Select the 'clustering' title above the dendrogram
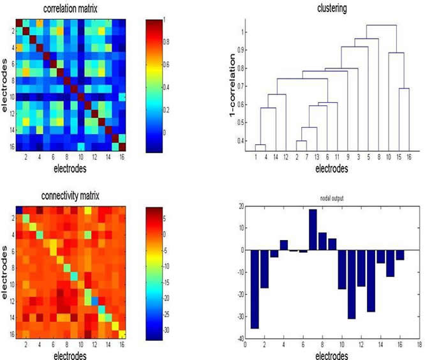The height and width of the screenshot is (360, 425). coord(332,9)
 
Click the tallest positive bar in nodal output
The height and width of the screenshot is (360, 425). coord(313,229)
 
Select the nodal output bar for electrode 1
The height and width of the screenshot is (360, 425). coord(255,289)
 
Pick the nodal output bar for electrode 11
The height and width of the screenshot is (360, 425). coord(351,284)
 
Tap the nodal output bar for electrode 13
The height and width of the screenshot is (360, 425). coord(371,280)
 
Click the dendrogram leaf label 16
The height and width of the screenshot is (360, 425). coord(408,156)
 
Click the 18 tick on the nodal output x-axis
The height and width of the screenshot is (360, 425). coord(419,345)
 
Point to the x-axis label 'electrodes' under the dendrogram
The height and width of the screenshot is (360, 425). coord(331,169)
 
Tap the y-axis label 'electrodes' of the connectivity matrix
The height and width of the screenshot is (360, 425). coord(5,272)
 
